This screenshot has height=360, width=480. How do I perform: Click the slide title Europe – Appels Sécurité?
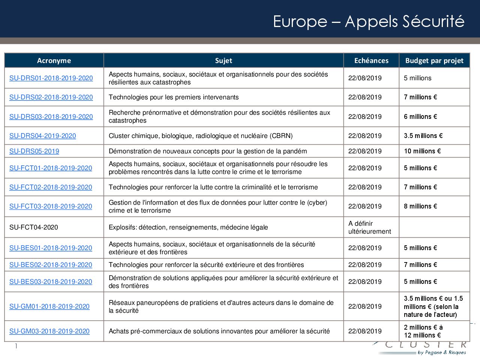pyautogui.click(x=368, y=21)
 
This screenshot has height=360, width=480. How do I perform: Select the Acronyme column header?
pyautogui.click(x=54, y=61)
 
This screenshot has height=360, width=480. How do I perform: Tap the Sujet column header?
pyautogui.click(x=223, y=61)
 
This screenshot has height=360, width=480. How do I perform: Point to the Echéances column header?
pyautogui.click(x=371, y=61)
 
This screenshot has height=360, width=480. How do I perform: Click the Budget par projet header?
pyautogui.click(x=434, y=61)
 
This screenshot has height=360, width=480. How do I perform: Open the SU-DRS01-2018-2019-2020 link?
pyautogui.click(x=51, y=78)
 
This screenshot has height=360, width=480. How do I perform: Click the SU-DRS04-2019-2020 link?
pyautogui.click(x=42, y=136)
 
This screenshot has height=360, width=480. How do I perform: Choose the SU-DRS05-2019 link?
pyautogui.click(x=34, y=151)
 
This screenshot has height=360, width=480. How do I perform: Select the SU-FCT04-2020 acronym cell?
pyautogui.click(x=34, y=227)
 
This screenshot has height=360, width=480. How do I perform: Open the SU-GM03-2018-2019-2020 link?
pyautogui.click(x=49, y=331)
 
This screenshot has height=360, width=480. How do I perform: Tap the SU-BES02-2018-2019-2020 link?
pyautogui.click(x=51, y=265)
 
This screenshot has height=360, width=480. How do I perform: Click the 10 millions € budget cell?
pyautogui.click(x=422, y=151)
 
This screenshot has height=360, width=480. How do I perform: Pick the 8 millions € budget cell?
pyautogui.click(x=420, y=206)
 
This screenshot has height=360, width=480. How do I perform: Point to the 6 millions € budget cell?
pyautogui.click(x=420, y=117)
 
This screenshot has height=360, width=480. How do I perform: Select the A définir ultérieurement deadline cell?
pyautogui.click(x=369, y=227)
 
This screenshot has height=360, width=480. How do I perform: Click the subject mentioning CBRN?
pyautogui.click(x=201, y=136)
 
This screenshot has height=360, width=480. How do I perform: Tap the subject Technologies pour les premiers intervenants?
pyautogui.click(x=174, y=97)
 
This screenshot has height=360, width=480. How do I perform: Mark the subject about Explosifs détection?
pyautogui.click(x=188, y=227)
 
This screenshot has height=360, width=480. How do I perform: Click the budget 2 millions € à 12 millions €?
pyautogui.click(x=423, y=331)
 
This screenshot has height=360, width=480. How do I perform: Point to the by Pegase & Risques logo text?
pyautogui.click(x=441, y=352)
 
